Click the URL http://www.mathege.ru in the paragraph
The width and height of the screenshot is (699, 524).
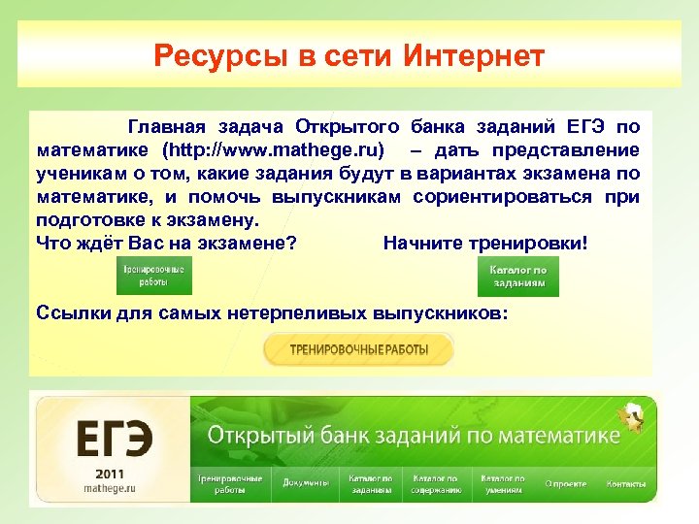pyautogui.click(x=273, y=150)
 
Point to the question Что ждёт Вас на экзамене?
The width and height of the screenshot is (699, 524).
pyautogui.click(x=166, y=243)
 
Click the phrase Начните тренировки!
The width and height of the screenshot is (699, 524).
pyautogui.click(x=485, y=243)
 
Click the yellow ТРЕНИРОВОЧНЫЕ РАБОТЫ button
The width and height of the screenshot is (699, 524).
pyautogui.click(x=358, y=349)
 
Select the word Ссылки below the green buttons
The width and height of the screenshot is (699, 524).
pyautogui.click(x=67, y=312)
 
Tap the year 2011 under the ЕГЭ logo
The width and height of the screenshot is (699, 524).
pyautogui.click(x=110, y=473)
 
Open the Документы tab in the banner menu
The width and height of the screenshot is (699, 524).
pyautogui.click(x=304, y=483)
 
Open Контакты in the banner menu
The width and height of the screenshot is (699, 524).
pyautogui.click(x=626, y=483)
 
